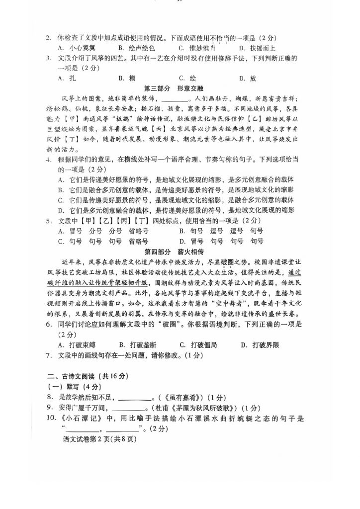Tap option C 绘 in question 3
click(x=188, y=78)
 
